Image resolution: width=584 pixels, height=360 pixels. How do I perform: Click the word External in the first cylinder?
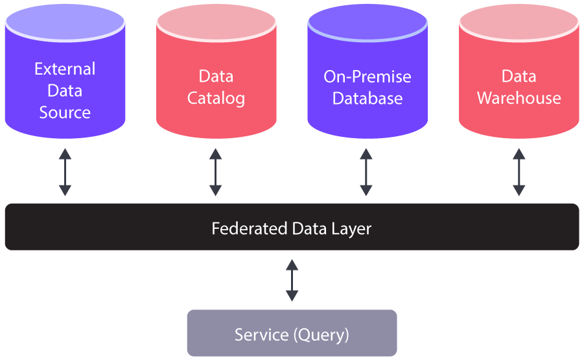pos(65,69)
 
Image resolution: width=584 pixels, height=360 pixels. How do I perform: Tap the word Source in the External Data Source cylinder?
pos(65,112)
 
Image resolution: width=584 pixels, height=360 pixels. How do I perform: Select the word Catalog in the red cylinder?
pos(216,99)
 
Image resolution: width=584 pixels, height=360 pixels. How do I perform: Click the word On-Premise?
pos(368,77)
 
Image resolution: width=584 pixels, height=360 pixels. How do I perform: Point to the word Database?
pos(368,99)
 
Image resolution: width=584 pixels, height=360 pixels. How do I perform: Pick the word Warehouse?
pos(519,99)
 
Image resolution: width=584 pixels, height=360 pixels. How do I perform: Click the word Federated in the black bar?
pos(249,229)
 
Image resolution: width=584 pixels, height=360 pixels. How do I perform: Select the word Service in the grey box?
pos(261,335)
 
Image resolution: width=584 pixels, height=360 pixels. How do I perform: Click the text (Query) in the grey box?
pos(321,335)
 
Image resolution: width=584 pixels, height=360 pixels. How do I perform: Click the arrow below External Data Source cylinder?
pos(65,172)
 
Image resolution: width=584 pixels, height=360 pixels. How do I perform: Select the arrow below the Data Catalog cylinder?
pos(216,172)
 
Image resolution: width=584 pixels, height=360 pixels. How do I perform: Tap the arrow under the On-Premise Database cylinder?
pos(366,172)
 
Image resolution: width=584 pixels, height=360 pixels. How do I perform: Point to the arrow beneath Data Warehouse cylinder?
pos(519,172)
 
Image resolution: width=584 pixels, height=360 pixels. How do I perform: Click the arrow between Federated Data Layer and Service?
pos(292,280)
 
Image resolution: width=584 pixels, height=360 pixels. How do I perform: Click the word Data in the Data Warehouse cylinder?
pos(519,77)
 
